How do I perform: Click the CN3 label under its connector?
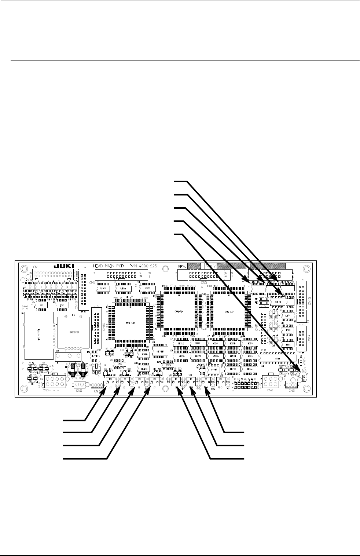coord(204,282)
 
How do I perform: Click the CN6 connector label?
coord(79,391)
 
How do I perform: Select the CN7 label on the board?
coord(97,391)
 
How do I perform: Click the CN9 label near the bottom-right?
coord(292,391)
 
